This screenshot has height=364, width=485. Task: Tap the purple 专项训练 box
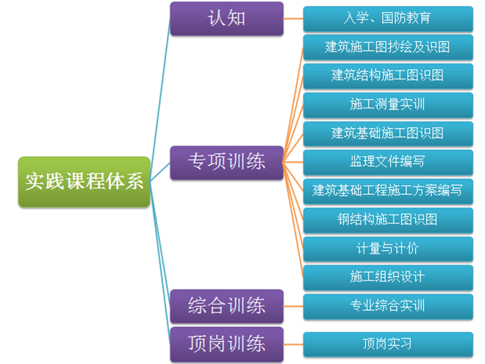(227, 162)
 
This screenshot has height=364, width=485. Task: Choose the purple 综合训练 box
(227, 306)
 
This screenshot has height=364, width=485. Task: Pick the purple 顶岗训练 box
(227, 344)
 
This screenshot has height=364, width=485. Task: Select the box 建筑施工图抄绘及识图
(387, 47)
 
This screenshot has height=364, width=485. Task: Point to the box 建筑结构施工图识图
(387, 76)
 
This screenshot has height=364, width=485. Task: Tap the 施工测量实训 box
(387, 105)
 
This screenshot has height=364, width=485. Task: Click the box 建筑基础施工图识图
(387, 133)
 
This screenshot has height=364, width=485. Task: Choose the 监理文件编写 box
(387, 162)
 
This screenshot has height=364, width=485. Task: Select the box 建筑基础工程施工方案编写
(387, 190)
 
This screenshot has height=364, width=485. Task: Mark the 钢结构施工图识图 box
(387, 220)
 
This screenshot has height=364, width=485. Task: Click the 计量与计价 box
(387, 248)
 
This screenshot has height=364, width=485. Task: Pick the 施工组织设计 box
(387, 277)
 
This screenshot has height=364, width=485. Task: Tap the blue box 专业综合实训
(387, 306)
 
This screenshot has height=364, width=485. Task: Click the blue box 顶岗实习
(387, 344)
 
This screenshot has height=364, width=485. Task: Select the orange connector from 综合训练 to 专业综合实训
(293, 306)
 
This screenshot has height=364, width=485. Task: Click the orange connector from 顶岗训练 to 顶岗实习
(293, 344)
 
